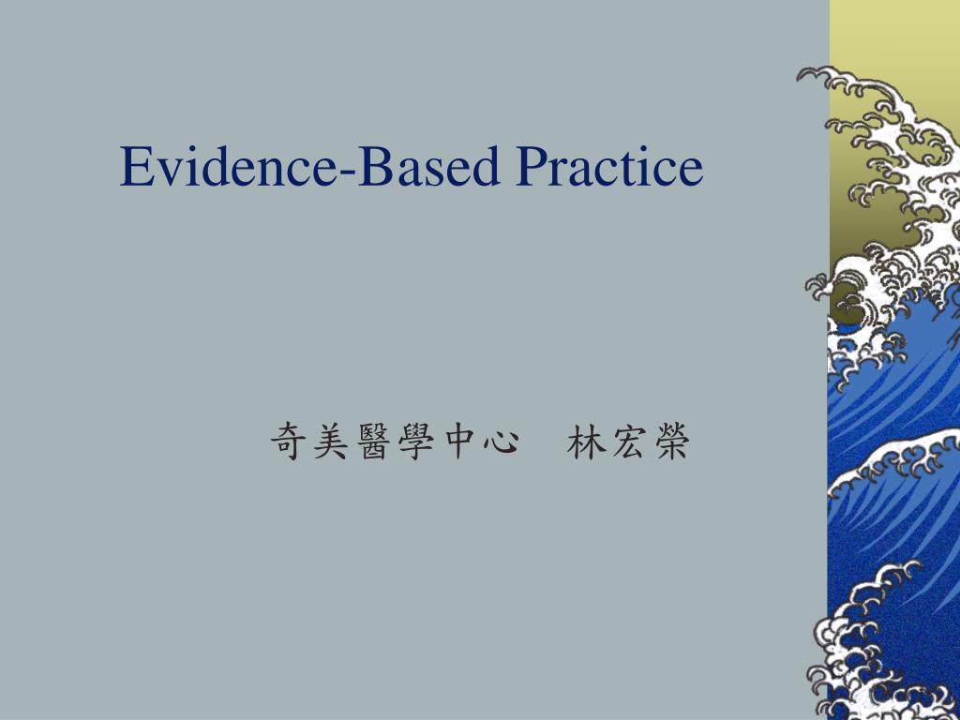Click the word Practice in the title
point(609,167)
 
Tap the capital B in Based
point(373,167)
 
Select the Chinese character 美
point(328,442)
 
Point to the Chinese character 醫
point(371,442)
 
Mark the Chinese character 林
point(583,442)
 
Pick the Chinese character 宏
point(625,442)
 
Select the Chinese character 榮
point(668,442)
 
